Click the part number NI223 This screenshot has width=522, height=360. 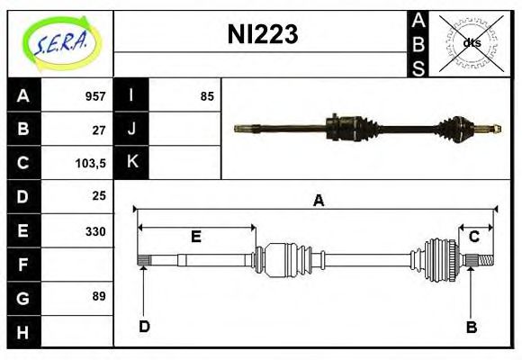261,35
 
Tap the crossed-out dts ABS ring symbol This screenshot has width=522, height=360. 471,42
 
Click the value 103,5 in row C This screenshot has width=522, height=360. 92,163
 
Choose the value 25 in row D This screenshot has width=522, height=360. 99,195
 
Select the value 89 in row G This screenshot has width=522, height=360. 99,296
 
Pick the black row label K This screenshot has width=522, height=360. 132,163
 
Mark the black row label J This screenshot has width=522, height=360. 132,130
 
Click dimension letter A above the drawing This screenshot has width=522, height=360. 317,201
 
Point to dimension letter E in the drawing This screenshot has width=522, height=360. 195,237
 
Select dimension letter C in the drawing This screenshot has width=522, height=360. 473,236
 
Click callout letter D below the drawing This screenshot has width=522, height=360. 143,327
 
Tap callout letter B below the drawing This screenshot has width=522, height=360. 471,327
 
